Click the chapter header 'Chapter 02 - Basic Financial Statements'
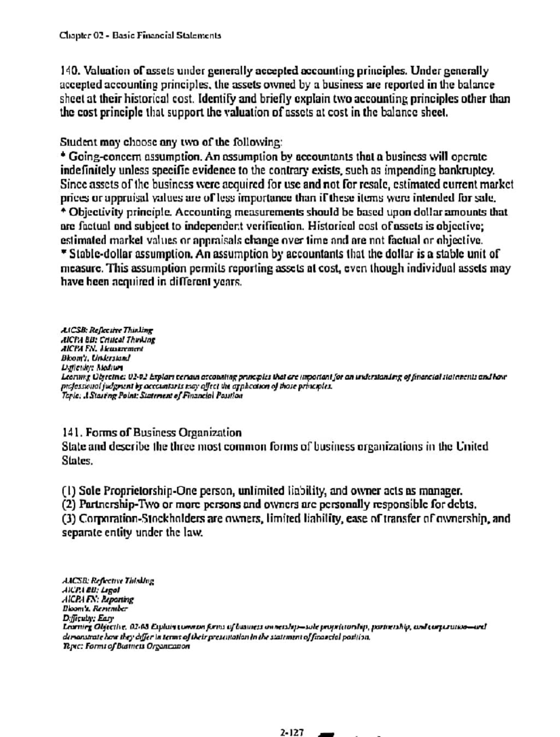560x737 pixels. (x=140, y=36)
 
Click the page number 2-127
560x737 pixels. (x=292, y=732)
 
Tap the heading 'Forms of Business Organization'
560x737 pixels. (x=164, y=433)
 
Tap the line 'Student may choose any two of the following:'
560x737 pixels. (x=171, y=142)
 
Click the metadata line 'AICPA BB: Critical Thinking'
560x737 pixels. (x=108, y=340)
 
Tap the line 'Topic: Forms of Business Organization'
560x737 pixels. (x=126, y=646)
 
